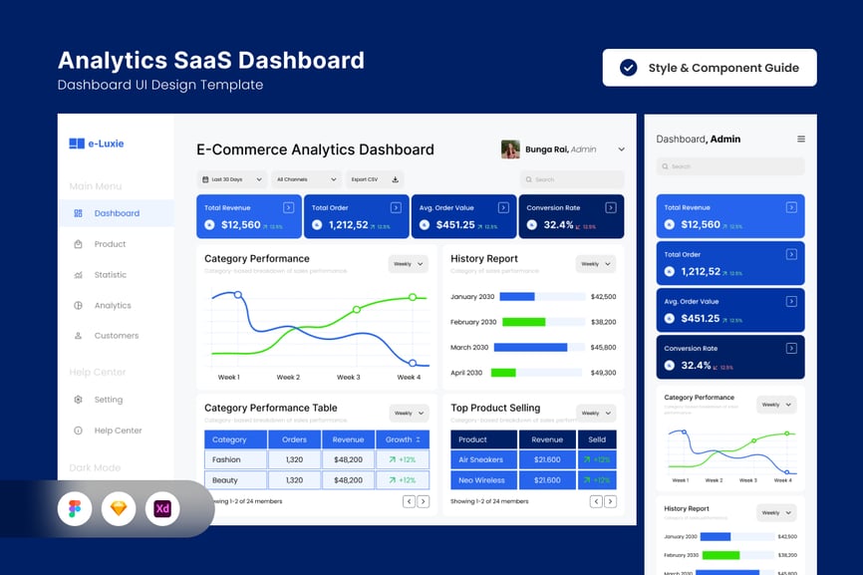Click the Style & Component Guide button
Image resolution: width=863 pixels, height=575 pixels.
(x=710, y=68)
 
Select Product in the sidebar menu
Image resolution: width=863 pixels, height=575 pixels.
(x=110, y=244)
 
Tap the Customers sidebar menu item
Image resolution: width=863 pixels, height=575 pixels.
(x=116, y=336)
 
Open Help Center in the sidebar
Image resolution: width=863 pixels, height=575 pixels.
(x=118, y=431)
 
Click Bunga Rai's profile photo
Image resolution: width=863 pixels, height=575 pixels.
(x=510, y=149)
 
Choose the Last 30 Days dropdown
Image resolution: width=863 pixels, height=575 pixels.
(x=232, y=179)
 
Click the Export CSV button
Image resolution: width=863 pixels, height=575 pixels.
(x=375, y=179)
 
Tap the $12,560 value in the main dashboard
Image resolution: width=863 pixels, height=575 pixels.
(x=240, y=225)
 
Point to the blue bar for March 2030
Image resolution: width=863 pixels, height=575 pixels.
(x=531, y=348)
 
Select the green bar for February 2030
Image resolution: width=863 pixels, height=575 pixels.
(x=523, y=322)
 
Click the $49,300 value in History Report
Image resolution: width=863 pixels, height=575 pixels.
(x=603, y=373)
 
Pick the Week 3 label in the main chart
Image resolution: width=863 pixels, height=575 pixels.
(x=348, y=378)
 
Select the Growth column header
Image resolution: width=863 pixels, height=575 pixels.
(x=403, y=439)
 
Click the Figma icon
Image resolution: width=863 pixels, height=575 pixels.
(x=75, y=509)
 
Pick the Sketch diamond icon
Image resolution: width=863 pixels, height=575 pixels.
(x=119, y=509)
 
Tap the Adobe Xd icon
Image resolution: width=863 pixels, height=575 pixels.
(x=162, y=509)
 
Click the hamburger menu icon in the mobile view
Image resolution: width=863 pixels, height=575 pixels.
(x=800, y=140)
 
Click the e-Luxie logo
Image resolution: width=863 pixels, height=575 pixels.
(x=97, y=144)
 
